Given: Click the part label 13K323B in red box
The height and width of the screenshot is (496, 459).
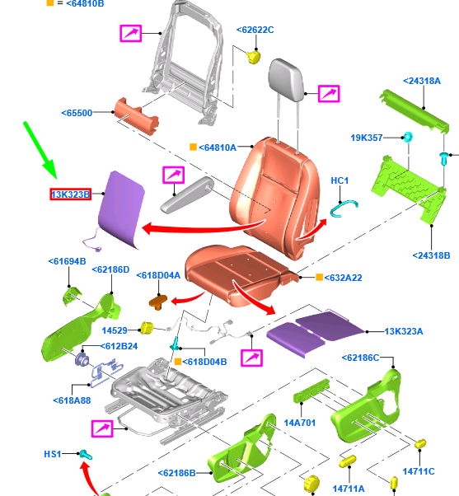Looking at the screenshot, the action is tap(71, 194).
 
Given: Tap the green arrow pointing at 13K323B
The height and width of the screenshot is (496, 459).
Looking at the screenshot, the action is tap(40, 151).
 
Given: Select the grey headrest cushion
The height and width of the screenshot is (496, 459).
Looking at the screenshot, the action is tap(286, 80).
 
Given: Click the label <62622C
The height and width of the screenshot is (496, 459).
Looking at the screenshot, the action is tap(255, 30).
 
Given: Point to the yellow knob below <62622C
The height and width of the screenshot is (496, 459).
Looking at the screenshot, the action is tap(253, 57).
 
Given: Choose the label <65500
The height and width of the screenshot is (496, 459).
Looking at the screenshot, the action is tap(77, 113).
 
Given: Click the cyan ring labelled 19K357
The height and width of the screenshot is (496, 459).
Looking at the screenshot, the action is tap(407, 138).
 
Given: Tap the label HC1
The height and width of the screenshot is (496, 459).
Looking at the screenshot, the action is tap(340, 180).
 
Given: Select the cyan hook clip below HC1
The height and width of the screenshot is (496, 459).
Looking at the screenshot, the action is tap(344, 208).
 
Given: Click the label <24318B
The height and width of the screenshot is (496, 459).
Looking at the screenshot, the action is tap(431, 255).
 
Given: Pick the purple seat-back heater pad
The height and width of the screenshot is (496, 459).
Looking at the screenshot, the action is tap(121, 208).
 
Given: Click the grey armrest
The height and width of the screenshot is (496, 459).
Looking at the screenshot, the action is tap(187, 195).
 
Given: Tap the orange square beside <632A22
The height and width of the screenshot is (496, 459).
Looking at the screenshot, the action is tap(319, 277).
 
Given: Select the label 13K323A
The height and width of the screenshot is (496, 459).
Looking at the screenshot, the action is tap(403, 331).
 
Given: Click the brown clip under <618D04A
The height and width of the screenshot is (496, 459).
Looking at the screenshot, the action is tap(158, 302).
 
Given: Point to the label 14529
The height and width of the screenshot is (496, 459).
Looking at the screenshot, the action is tap(115, 330).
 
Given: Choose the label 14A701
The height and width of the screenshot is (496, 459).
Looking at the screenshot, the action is tap(300, 423).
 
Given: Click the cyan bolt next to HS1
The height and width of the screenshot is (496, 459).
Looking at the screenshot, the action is tap(86, 455).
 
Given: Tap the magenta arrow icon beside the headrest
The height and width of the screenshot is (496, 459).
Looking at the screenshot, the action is tap(329, 94).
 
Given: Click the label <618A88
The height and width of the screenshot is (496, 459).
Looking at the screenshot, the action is tap(72, 400).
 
